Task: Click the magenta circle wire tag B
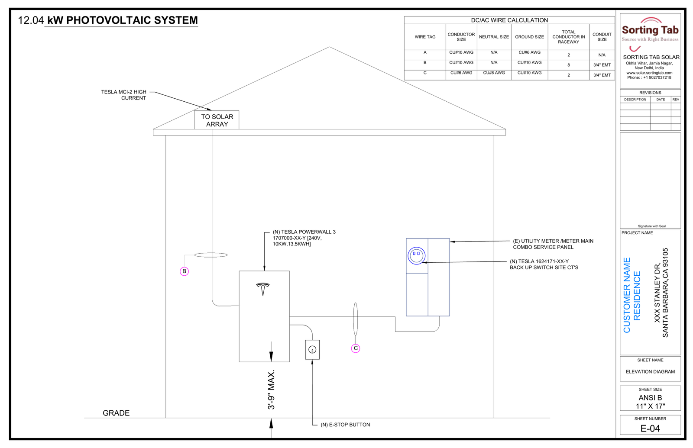click(184, 271)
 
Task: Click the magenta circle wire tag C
click(356, 348)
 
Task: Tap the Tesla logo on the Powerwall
click(263, 289)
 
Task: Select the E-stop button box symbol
click(312, 350)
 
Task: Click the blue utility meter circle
click(416, 256)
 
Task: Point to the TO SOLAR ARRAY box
click(217, 120)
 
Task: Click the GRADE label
click(116, 413)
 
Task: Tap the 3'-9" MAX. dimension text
click(271, 390)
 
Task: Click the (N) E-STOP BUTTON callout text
click(345, 425)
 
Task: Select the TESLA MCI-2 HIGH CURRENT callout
click(124, 95)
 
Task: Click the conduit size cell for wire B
click(602, 65)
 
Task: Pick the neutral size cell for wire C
click(494, 73)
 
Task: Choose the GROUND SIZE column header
click(529, 37)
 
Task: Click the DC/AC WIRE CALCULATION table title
click(509, 20)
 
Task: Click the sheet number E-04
click(650, 429)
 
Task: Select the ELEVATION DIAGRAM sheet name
click(650, 372)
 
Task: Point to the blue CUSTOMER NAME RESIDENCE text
click(632, 295)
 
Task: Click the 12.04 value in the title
click(31, 20)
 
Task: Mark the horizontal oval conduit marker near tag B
click(211, 255)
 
